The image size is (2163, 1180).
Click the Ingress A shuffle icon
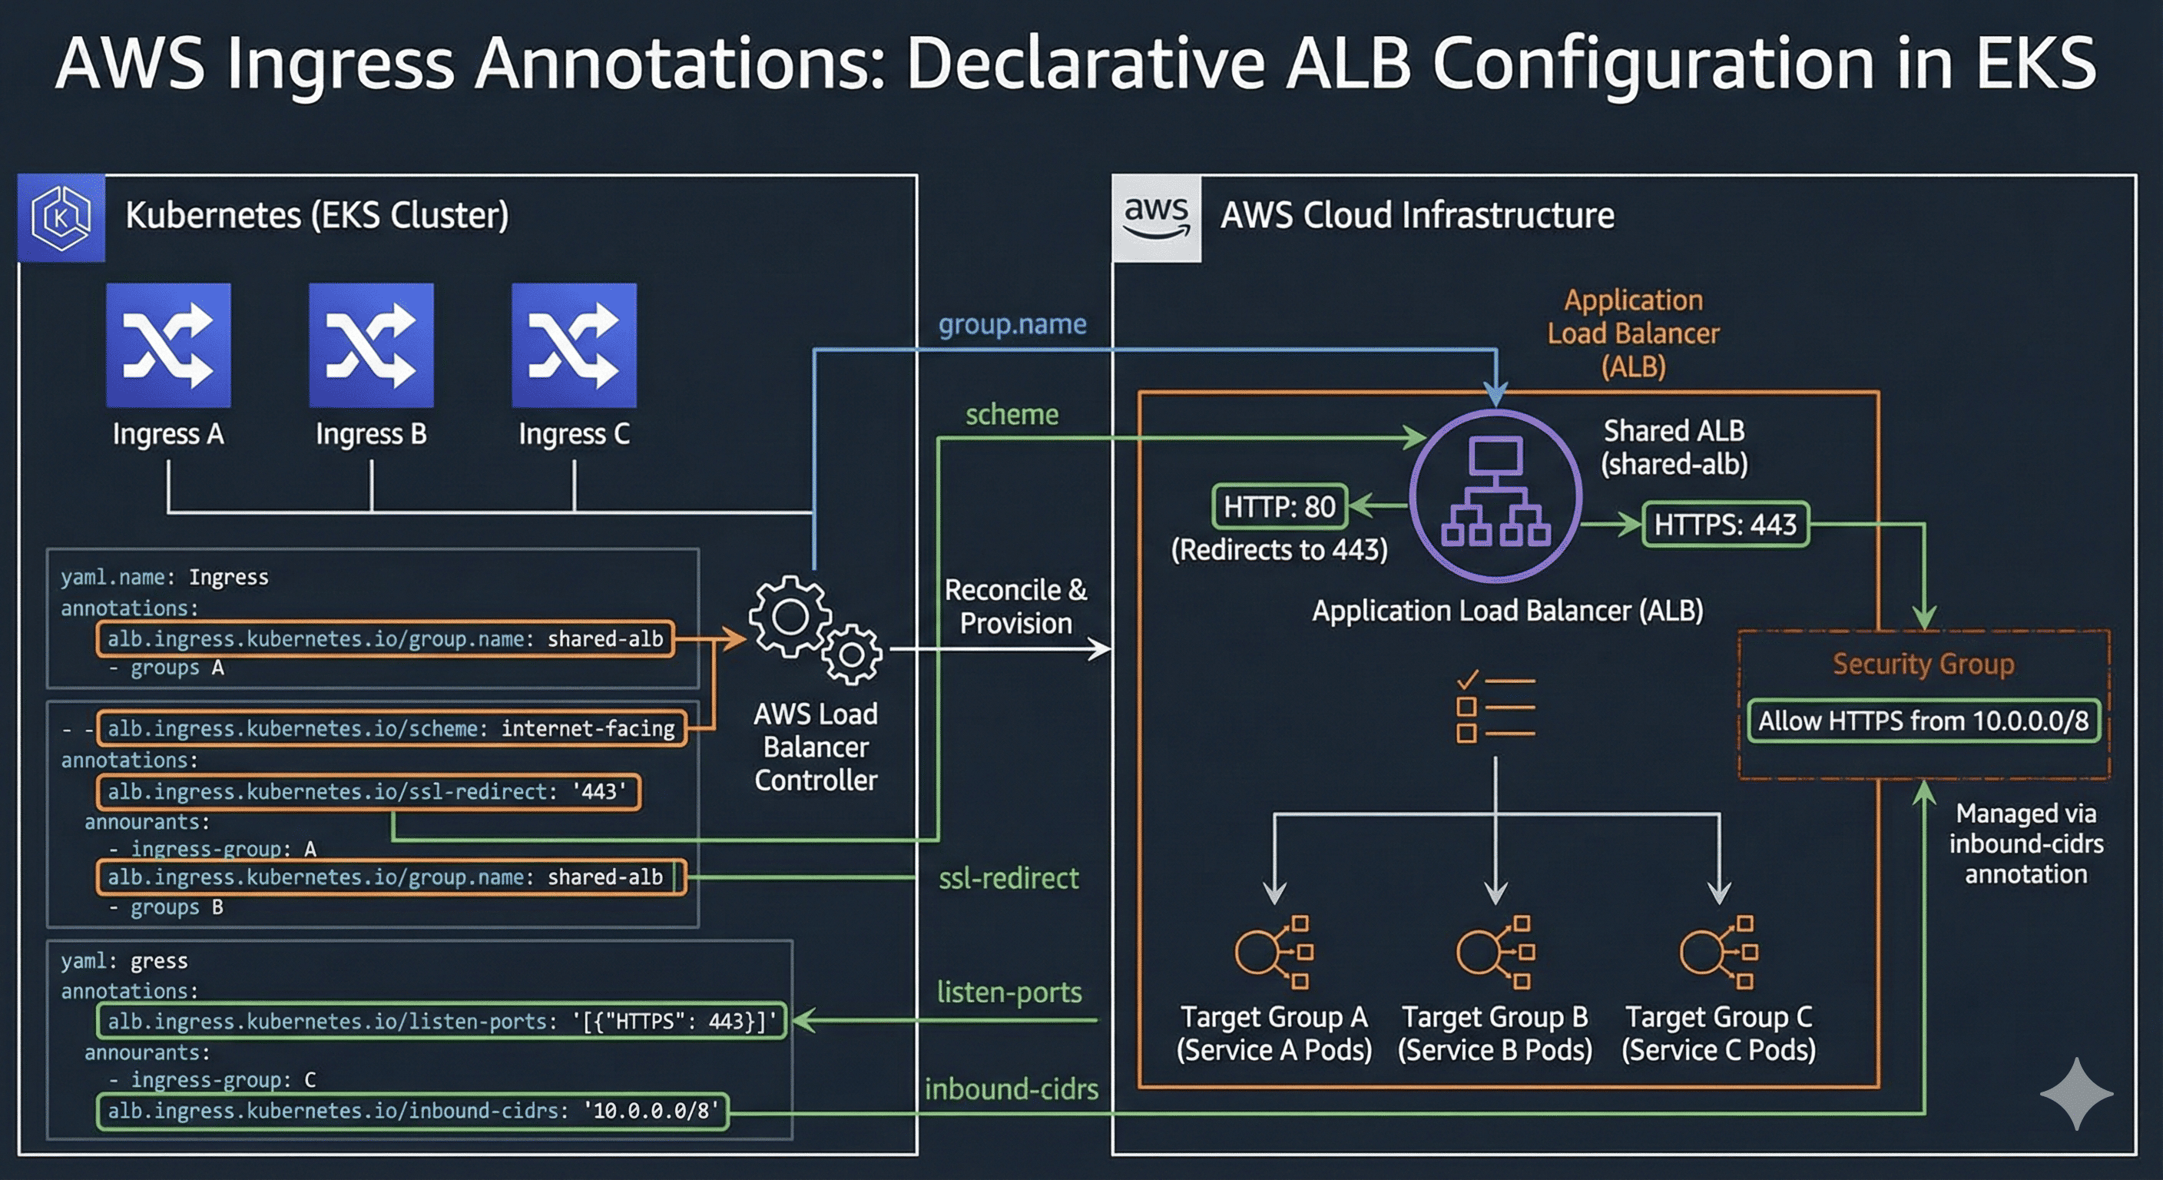point(168,345)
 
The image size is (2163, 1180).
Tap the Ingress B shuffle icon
point(371,345)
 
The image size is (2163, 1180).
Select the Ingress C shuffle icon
point(575,345)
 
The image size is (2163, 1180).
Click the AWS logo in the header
point(1156,218)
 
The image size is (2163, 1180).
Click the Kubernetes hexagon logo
point(61,218)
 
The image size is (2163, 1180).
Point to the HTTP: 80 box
point(1279,506)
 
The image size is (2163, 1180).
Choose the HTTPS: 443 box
point(1724,525)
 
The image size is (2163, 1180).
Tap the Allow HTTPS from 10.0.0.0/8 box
point(1923,721)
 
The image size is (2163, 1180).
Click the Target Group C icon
point(1719,953)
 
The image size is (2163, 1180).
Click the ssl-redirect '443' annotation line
point(368,792)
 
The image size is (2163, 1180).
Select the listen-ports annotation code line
point(442,1021)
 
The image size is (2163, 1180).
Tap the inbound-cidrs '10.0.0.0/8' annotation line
point(412,1111)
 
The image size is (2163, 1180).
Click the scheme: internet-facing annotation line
point(391,728)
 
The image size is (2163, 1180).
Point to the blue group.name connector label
point(1012,324)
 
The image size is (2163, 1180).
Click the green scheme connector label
point(1012,415)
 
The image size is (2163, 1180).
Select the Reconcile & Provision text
point(1015,606)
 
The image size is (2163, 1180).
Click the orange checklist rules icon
point(1495,708)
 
